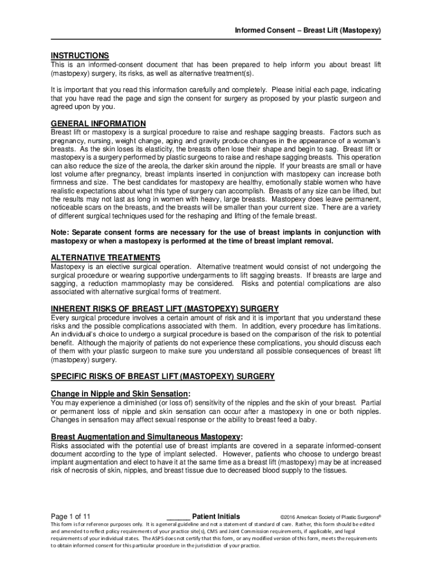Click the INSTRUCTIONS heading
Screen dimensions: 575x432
(x=80, y=56)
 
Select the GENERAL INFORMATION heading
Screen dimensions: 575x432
(x=98, y=124)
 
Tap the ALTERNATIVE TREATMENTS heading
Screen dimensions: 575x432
(x=105, y=258)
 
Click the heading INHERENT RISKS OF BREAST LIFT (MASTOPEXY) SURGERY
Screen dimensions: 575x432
(x=165, y=309)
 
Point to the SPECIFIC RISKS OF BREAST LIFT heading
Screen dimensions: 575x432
(x=163, y=376)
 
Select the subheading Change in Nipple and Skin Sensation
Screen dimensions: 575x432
(x=121, y=394)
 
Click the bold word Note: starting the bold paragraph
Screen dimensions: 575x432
(x=61, y=232)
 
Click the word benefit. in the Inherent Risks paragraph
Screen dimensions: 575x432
(x=62, y=342)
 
